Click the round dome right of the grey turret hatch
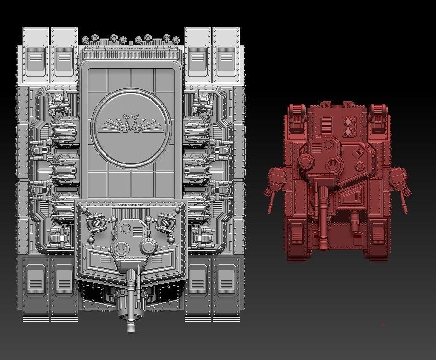[149, 246]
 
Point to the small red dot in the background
[383, 325]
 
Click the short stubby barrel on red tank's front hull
[354, 221]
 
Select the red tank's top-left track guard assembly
[297, 118]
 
